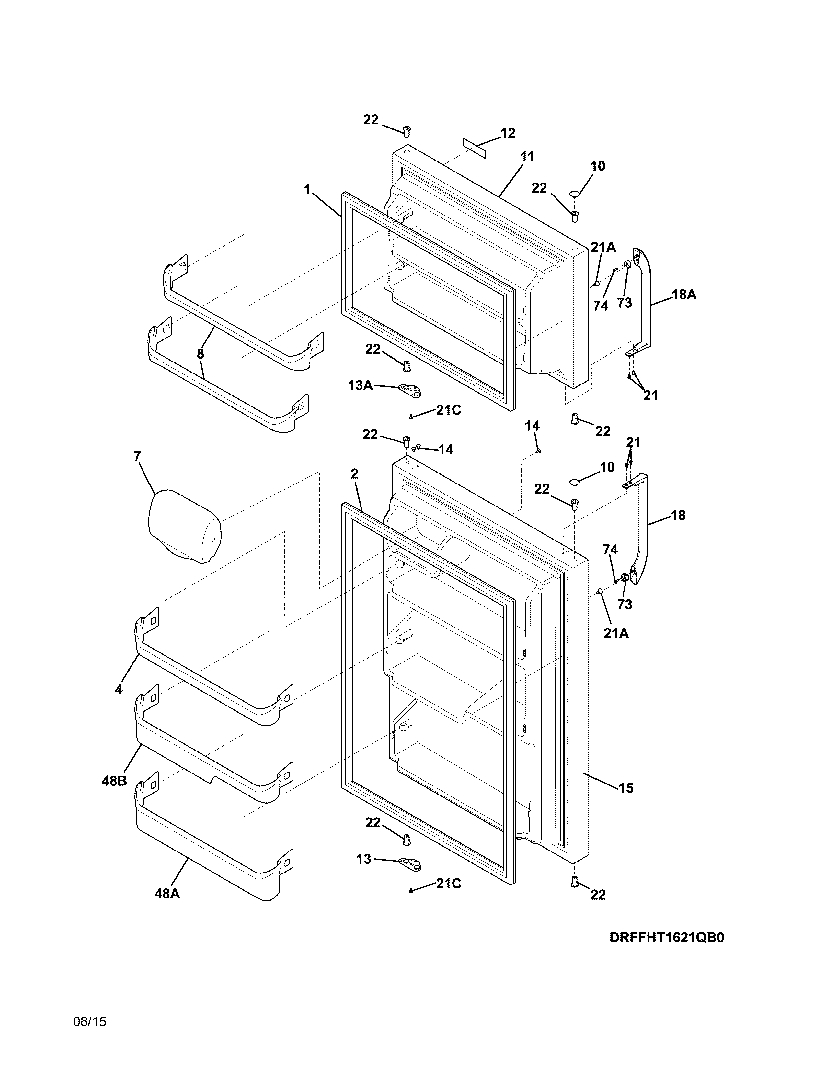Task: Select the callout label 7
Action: tap(137, 456)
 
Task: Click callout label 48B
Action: tap(114, 781)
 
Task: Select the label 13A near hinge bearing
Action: tap(360, 385)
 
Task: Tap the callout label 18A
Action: tap(684, 295)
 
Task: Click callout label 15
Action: tap(626, 788)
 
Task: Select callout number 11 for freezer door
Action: tap(527, 157)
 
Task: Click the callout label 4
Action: tap(119, 689)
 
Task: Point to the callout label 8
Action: tap(201, 353)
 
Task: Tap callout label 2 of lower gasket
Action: tap(354, 473)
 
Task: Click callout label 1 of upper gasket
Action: tap(307, 189)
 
